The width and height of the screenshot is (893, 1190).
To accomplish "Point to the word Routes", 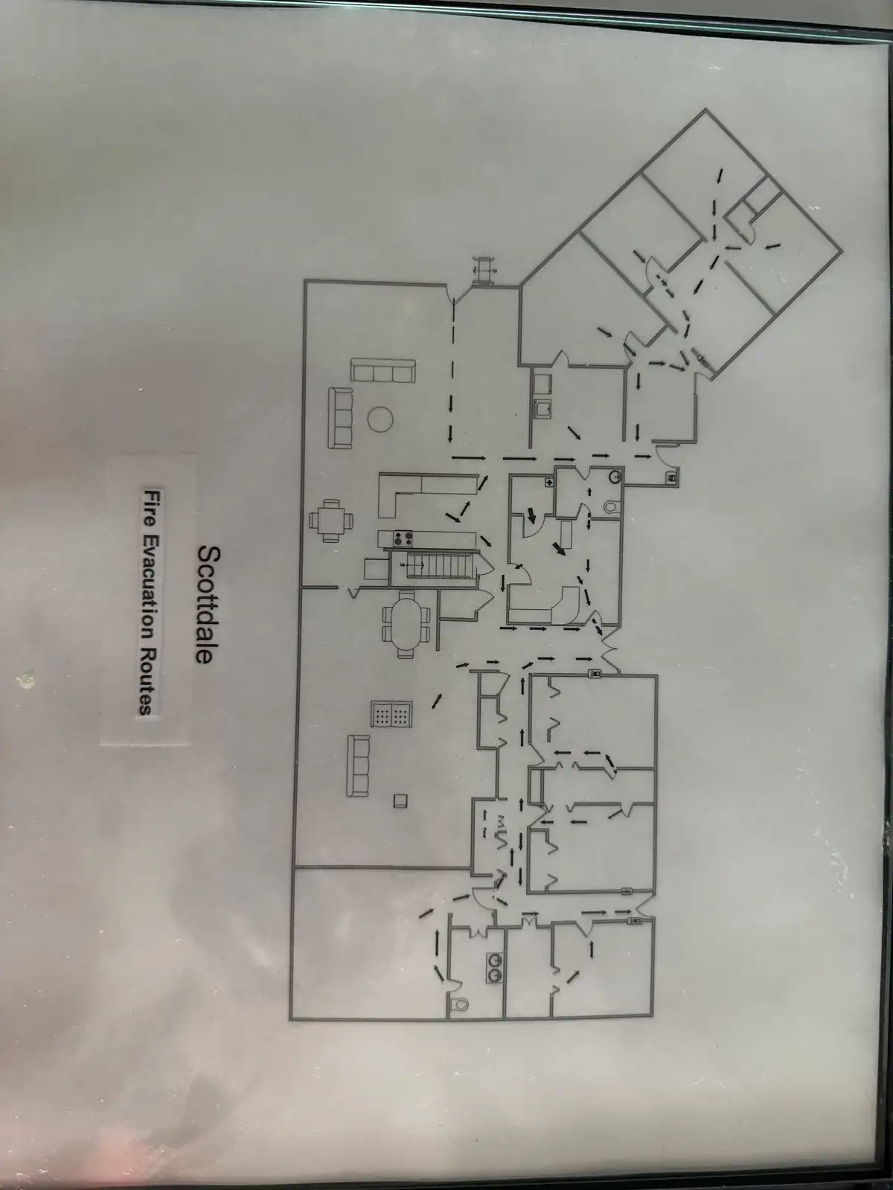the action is point(149,685).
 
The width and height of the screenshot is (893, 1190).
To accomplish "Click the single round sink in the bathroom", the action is point(615,477).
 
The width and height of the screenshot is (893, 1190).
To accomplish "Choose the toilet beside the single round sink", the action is point(611,508).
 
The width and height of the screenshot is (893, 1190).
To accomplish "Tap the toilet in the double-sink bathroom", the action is point(461,1005).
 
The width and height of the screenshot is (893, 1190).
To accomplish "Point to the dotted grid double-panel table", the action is point(391,716).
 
